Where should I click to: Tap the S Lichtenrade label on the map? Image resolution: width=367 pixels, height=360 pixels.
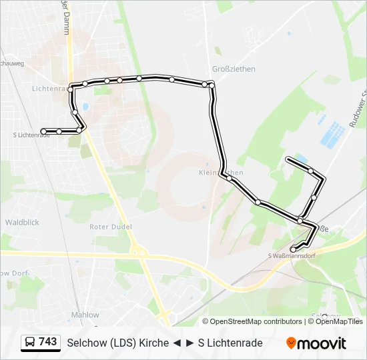tap(31, 135)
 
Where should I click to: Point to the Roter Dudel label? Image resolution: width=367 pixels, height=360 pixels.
tap(111, 227)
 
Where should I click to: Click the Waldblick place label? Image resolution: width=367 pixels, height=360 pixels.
tap(21, 222)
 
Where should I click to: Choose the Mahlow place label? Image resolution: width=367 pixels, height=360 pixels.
tap(85, 315)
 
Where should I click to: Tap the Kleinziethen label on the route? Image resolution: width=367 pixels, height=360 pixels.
tap(222, 173)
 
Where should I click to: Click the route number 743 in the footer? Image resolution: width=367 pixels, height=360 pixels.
tap(47, 342)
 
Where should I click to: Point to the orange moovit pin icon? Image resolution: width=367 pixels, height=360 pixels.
tap(291, 343)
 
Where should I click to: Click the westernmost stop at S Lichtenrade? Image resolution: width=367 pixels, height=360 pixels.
tap(43, 131)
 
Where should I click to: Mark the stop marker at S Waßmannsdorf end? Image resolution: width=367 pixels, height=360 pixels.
tap(293, 249)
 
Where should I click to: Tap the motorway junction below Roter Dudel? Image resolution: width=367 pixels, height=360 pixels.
tap(138, 252)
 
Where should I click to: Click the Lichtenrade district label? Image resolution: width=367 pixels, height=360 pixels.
tap(50, 88)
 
